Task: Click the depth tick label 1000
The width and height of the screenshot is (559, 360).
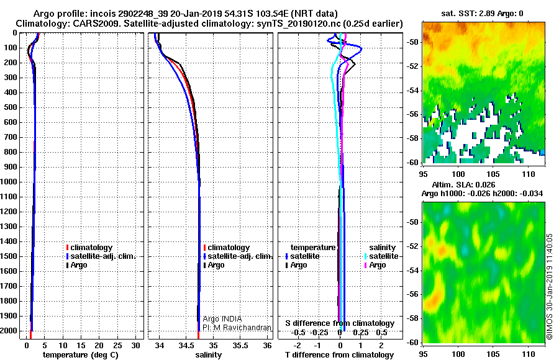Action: [8, 182]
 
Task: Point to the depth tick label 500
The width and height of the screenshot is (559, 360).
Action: [11, 107]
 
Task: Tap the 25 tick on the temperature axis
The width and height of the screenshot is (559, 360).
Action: [117, 345]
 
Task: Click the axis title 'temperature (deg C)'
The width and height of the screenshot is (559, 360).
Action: [80, 354]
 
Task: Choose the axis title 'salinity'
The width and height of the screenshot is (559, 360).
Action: [209, 354]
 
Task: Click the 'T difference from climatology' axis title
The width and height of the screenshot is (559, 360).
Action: [339, 354]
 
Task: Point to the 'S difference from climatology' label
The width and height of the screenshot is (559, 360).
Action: [340, 323]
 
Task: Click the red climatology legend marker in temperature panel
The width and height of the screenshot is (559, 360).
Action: [67, 248]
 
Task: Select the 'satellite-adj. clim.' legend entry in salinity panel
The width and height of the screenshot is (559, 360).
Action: [238, 256]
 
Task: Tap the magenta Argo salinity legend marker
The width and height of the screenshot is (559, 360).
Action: [365, 265]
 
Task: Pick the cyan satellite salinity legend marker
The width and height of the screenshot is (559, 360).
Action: [365, 256]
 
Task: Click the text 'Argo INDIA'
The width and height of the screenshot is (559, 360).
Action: [222, 318]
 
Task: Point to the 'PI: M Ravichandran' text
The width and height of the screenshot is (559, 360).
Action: [237, 328]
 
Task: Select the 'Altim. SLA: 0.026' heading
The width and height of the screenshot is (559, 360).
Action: [463, 184]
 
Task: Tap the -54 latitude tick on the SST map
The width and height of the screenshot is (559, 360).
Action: [412, 91]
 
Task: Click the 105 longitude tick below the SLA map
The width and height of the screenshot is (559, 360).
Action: [493, 354]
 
